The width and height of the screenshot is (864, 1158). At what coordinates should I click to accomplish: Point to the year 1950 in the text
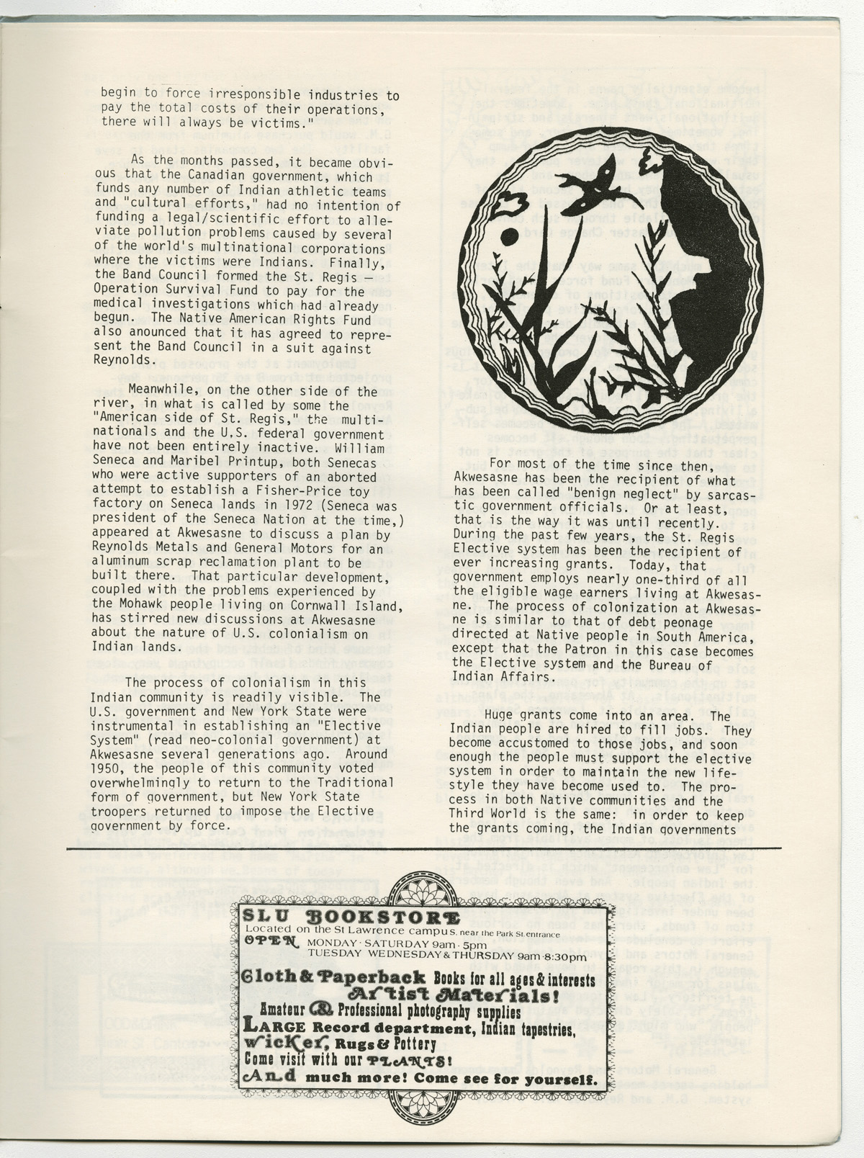(104, 768)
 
